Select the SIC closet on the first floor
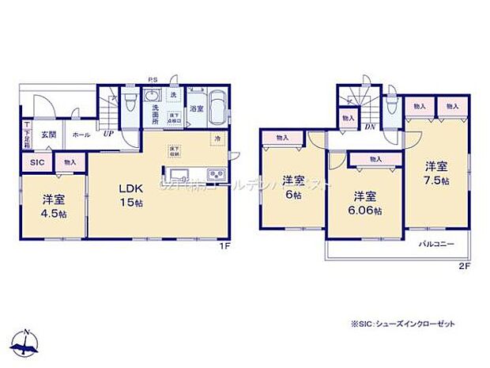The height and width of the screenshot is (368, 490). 37,162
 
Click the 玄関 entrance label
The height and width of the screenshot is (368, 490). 49,135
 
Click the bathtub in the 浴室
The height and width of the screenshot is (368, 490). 218,108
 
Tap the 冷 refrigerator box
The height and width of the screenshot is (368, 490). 217,139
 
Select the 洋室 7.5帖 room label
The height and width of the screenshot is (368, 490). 436,173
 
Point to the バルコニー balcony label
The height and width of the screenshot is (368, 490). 436,245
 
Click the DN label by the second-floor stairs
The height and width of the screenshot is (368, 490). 368,127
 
